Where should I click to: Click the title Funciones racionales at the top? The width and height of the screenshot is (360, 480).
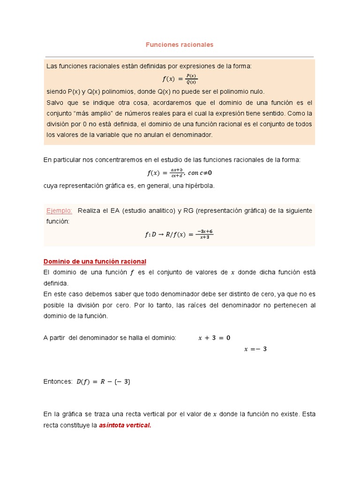click(x=180, y=45)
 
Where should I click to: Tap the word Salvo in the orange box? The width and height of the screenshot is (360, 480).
click(x=54, y=102)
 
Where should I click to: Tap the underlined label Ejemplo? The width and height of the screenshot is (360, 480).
click(x=59, y=210)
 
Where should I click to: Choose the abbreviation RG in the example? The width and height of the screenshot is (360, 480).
click(x=189, y=210)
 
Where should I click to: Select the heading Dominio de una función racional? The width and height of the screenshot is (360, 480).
click(x=95, y=261)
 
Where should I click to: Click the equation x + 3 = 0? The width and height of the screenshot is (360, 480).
click(x=214, y=337)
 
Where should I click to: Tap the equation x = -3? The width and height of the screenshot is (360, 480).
click(x=255, y=349)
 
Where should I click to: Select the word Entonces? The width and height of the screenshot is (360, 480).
click(x=58, y=382)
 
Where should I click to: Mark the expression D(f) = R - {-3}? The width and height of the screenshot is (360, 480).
click(x=103, y=382)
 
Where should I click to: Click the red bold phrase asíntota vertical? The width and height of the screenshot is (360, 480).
click(x=125, y=425)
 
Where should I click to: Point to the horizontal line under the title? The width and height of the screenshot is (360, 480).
click(x=180, y=57)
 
